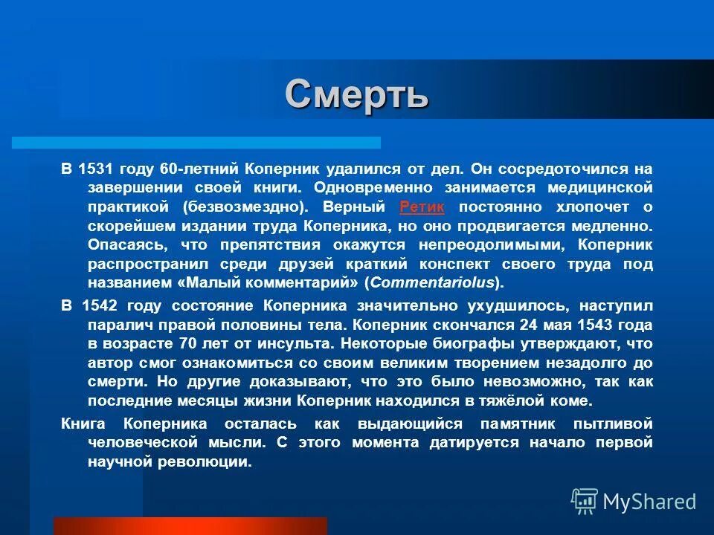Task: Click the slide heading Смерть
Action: point(356,94)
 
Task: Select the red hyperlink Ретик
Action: point(422,207)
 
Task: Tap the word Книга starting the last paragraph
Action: point(83,423)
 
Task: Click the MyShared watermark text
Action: point(649,502)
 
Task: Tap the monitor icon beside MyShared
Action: point(585,502)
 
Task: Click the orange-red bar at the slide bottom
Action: point(190,526)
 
